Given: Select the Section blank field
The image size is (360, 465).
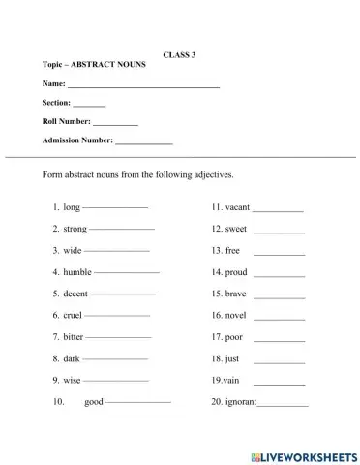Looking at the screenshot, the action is tap(89, 105).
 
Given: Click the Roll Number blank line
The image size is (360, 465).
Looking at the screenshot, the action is tap(115, 124).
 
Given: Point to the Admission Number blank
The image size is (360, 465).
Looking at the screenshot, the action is tap(143, 142).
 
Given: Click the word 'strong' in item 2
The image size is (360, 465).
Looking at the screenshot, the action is tap(75, 229).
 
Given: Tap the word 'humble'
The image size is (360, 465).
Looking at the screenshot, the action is tap(76, 272).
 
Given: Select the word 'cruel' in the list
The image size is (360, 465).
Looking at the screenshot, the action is tap(73, 315).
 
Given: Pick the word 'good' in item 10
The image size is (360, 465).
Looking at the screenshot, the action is tap(93, 401).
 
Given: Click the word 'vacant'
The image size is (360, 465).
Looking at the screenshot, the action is tap(237, 207).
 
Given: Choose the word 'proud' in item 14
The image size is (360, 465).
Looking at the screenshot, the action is tap(236, 272).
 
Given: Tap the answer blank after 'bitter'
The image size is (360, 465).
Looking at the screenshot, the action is tap(118, 337).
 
